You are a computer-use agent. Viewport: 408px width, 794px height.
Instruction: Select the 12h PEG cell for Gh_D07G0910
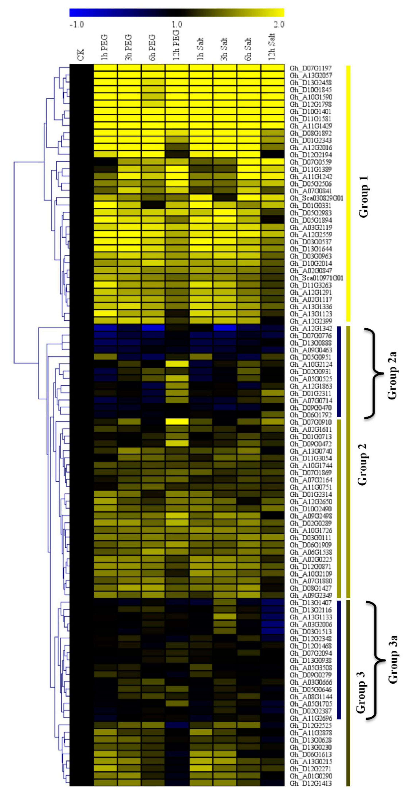pyautogui.click(x=177, y=422)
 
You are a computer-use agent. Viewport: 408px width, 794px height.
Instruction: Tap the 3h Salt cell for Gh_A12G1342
pyautogui.click(x=225, y=328)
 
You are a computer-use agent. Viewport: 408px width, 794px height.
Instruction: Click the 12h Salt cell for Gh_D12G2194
pyautogui.click(x=272, y=154)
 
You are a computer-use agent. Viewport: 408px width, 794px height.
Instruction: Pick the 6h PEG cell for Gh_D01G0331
pyautogui.click(x=153, y=205)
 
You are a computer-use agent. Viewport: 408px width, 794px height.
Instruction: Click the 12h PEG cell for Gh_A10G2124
pyautogui.click(x=177, y=364)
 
